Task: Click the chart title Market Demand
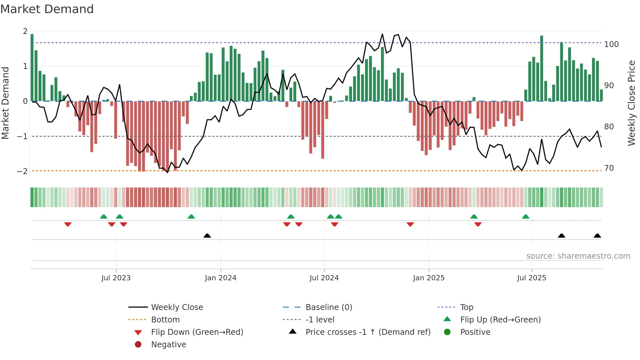click(x=47, y=9)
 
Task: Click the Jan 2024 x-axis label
click(x=220, y=278)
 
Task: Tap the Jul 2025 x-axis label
click(x=531, y=278)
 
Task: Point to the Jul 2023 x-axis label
click(x=116, y=278)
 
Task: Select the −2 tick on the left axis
click(x=22, y=171)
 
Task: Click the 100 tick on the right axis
click(x=611, y=44)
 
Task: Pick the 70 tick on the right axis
click(x=609, y=168)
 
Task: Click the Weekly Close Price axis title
click(x=632, y=103)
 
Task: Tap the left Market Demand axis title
click(x=5, y=103)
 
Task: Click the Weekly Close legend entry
click(x=177, y=307)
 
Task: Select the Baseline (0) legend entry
click(x=328, y=307)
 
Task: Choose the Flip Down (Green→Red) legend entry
click(x=197, y=332)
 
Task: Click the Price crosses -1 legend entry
click(x=368, y=332)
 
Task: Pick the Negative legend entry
click(x=168, y=345)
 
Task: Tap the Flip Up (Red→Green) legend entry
click(x=500, y=320)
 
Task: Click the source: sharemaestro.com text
click(x=578, y=256)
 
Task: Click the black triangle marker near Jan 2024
click(x=207, y=236)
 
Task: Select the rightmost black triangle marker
click(x=597, y=236)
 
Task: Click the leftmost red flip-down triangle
click(x=68, y=224)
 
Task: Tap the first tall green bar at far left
click(x=32, y=67)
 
